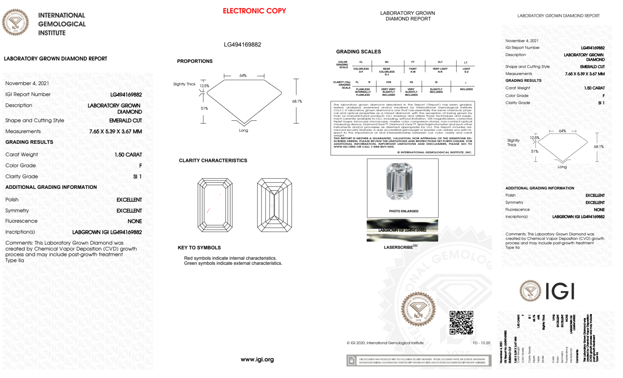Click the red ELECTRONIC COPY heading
click(x=254, y=11)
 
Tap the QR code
click(x=461, y=322)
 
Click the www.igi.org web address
click(x=257, y=359)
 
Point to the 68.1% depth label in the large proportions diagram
click(x=297, y=101)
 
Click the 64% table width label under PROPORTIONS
click(x=243, y=76)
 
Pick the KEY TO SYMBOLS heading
click(x=199, y=248)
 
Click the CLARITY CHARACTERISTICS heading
click(x=213, y=161)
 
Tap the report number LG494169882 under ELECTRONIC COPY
click(x=242, y=44)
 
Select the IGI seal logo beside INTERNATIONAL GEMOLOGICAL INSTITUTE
click(x=15, y=22)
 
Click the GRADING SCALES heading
click(x=358, y=52)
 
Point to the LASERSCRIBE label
click(x=398, y=247)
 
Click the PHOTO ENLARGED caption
click(x=404, y=211)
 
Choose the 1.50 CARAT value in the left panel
click(x=128, y=155)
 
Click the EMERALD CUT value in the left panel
click(x=125, y=120)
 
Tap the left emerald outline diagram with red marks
click(x=215, y=205)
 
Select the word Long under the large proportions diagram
click(x=243, y=130)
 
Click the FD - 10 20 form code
click(x=481, y=343)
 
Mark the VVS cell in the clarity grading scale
click(x=389, y=82)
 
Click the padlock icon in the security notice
click(x=352, y=361)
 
